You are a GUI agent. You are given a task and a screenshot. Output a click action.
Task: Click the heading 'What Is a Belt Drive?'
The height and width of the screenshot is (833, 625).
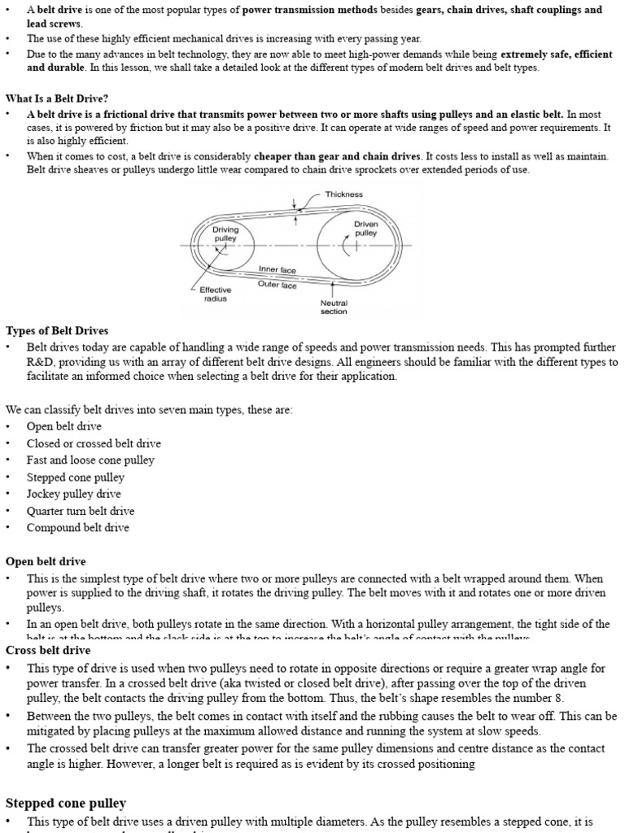[57, 98]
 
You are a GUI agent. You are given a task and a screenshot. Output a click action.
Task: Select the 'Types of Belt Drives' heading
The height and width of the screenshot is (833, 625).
[57, 330]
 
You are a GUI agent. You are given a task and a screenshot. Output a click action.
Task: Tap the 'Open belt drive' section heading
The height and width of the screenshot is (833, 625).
[46, 561]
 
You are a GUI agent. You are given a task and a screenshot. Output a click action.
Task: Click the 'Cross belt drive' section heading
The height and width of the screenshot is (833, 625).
[48, 650]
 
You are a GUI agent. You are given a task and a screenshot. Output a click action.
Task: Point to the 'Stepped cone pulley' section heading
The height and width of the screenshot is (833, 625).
[66, 803]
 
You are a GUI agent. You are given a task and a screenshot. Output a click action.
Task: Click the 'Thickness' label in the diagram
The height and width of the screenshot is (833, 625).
[343, 194]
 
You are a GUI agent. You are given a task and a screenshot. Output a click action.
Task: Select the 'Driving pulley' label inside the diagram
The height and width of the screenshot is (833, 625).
[225, 234]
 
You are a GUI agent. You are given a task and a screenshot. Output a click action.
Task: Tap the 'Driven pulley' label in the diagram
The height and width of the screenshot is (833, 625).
[366, 228]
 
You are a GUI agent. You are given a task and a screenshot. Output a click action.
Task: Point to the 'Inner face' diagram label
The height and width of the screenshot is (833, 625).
[278, 269]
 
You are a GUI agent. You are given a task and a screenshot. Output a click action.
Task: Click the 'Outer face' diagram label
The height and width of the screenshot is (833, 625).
[278, 285]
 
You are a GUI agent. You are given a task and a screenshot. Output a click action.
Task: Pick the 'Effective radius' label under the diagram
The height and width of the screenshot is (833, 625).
[216, 294]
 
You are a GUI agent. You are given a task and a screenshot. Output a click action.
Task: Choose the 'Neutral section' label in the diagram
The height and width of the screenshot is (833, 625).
[334, 307]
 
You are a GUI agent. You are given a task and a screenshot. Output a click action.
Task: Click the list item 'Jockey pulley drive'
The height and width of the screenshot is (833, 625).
[73, 494]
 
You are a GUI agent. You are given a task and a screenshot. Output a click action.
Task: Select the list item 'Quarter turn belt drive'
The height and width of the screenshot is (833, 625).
[81, 511]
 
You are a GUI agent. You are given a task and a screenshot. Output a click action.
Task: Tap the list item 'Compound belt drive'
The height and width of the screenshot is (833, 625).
[77, 527]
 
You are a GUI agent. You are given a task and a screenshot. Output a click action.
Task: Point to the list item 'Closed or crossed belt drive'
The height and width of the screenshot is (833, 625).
[94, 443]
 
